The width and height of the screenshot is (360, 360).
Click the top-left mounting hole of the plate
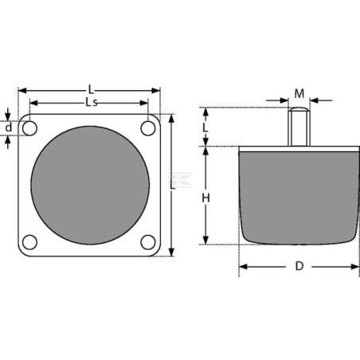[29, 128]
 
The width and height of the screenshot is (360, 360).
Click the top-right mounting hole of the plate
[148, 128]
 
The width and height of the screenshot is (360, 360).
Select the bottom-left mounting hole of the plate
[29, 242]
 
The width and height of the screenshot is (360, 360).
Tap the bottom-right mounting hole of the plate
[148, 242]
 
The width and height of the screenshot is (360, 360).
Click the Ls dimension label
[92, 102]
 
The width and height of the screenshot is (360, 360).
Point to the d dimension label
[9, 127]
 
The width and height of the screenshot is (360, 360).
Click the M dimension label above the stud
[299, 93]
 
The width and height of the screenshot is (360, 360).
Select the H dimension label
[205, 198]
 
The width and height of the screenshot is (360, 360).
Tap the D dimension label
[299, 266]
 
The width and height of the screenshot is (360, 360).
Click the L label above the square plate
[91, 90]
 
